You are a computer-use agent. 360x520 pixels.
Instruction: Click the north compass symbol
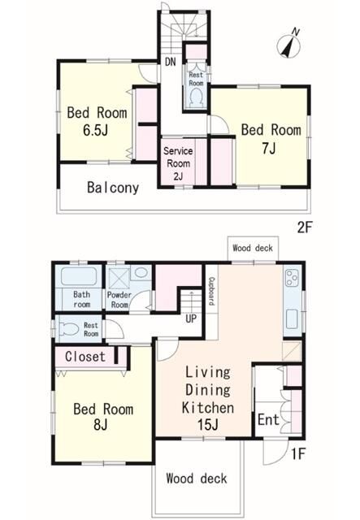coord(288,43)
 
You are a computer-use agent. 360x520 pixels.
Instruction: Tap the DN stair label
coord(170,62)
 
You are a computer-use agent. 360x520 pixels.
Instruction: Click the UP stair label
coord(191,319)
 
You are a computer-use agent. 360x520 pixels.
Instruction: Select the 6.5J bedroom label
coord(97,121)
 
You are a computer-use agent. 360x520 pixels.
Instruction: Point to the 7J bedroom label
coord(271,139)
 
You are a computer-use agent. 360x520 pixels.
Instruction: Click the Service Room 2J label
coord(178,163)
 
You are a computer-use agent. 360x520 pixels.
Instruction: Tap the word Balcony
coord(113,188)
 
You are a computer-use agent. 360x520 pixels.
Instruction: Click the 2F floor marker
coord(305,227)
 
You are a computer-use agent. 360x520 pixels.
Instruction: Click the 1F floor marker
coord(298,454)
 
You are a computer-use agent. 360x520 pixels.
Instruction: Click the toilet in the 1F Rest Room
coord(69,329)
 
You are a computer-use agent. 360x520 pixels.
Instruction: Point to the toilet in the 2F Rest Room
coord(196,97)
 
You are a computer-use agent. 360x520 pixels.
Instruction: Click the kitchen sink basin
coord(292,318)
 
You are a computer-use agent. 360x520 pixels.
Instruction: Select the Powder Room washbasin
coord(141,273)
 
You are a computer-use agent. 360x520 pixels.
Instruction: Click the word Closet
coord(85,357)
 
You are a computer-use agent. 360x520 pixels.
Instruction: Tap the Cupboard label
coord(210,291)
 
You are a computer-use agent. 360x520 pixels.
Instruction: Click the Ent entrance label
coord(268,420)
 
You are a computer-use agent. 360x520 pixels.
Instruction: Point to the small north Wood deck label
coord(253,248)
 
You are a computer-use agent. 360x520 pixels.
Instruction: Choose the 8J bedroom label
coord(103,417)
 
